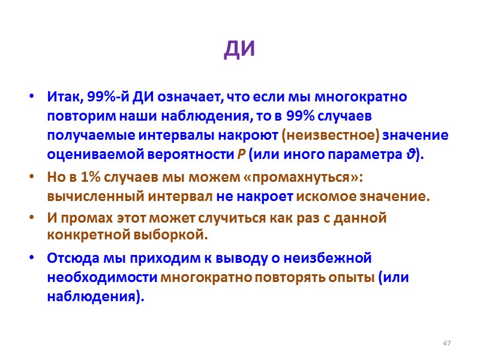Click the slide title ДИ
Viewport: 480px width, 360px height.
239,50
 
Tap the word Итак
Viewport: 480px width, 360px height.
64,97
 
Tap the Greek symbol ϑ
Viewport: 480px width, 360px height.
410,154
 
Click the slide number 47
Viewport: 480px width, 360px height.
446,343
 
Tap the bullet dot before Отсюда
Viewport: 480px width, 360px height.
31,259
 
